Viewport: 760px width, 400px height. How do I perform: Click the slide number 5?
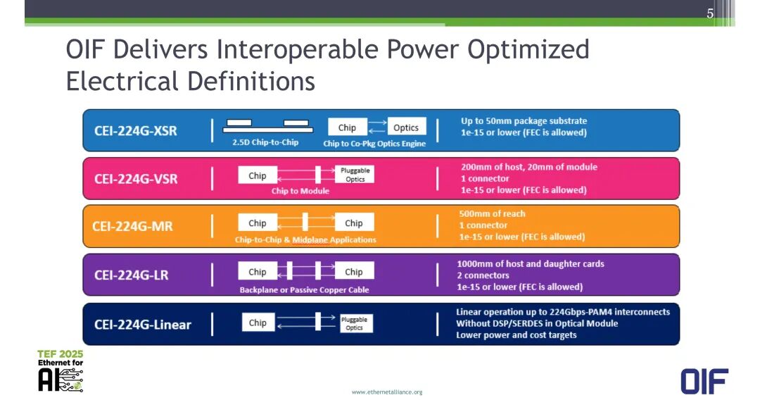(710, 13)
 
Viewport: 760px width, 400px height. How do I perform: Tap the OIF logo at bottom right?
(704, 381)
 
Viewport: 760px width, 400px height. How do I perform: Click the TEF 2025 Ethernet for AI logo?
(61, 370)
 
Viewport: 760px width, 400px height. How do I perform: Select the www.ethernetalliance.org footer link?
(387, 392)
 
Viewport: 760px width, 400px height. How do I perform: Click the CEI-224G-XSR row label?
(136, 131)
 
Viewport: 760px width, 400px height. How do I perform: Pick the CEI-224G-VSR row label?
(136, 179)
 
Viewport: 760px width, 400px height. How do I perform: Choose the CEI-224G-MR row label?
(132, 227)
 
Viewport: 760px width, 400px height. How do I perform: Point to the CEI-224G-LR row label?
(132, 275)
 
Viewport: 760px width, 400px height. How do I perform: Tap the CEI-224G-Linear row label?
(142, 325)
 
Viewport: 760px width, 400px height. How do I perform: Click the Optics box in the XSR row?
(406, 127)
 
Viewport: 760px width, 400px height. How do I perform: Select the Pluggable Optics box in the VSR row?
(355, 175)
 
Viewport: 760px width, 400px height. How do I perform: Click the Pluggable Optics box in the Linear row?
(354, 323)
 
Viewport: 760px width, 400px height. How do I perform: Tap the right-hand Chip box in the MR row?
(354, 223)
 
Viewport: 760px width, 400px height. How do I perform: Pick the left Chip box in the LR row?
(258, 272)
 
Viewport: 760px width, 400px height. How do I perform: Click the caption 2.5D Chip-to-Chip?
(265, 142)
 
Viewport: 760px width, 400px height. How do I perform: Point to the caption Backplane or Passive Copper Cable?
(305, 290)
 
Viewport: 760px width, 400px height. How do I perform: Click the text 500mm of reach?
(492, 214)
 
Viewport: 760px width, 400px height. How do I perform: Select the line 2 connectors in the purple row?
(483, 275)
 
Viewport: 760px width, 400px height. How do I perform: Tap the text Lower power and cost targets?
(517, 335)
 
